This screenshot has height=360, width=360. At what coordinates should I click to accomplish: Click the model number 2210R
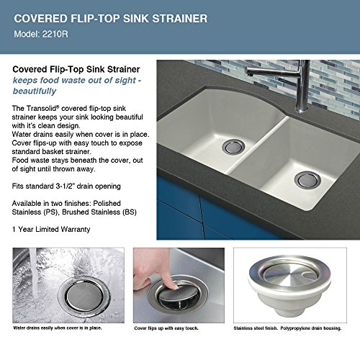click(55, 34)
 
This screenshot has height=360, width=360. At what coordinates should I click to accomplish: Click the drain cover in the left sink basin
click(233, 146)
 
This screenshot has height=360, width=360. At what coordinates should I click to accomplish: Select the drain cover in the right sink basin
click(307, 180)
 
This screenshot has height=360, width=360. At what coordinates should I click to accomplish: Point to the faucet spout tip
click(249, 73)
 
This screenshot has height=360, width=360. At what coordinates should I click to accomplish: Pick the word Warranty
click(76, 230)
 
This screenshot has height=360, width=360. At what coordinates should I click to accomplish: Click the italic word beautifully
click(35, 91)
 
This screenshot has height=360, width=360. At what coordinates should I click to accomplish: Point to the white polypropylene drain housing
click(289, 297)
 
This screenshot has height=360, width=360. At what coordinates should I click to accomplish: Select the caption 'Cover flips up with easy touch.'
click(166, 328)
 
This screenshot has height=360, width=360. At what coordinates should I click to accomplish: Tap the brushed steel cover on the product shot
click(287, 274)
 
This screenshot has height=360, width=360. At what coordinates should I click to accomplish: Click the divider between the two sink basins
click(258, 145)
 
